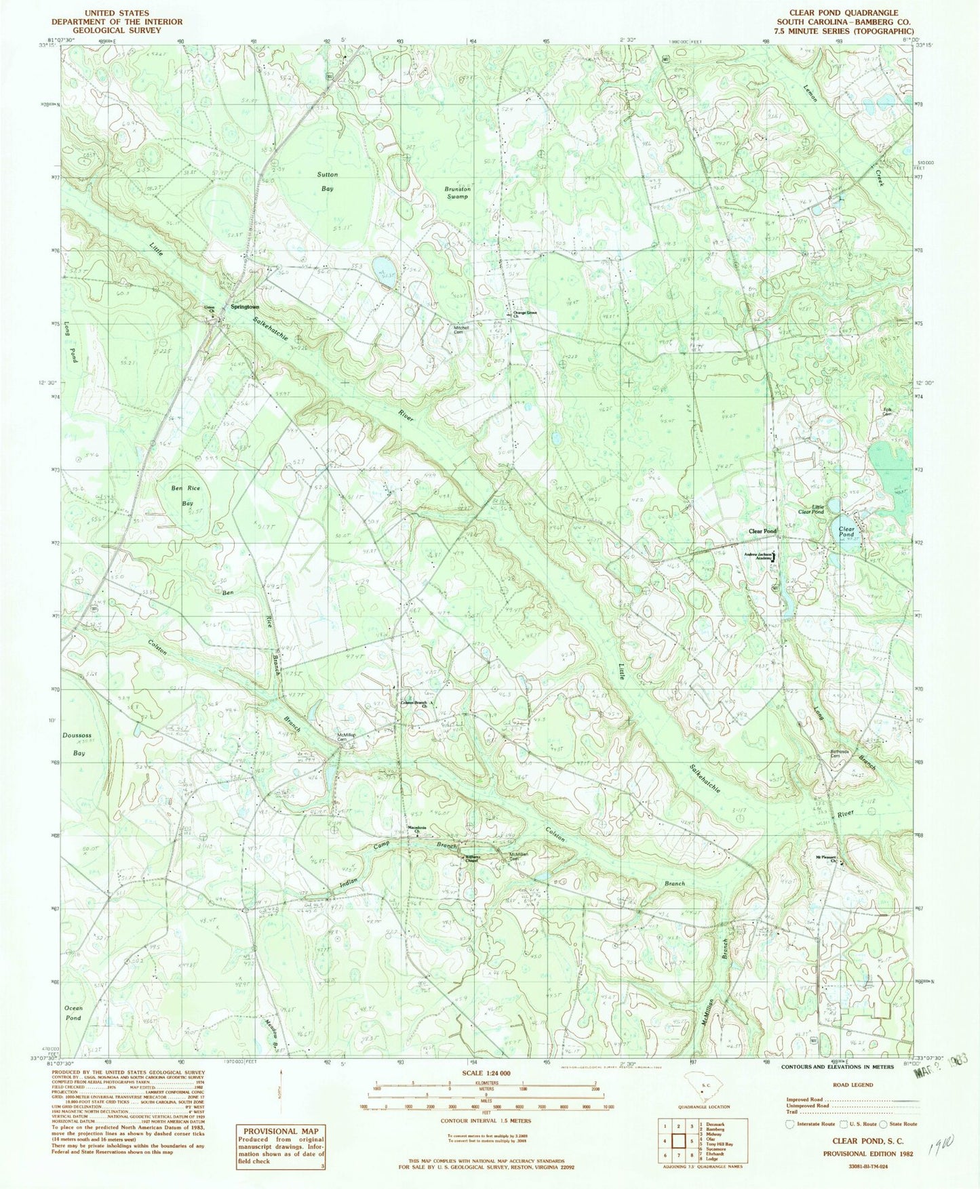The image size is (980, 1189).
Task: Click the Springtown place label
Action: [x=245, y=306]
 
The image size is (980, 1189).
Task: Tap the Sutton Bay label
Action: [x=328, y=182]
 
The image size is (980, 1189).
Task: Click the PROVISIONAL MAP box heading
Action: [x=280, y=1131]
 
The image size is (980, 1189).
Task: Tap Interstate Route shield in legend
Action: [x=789, y=1123]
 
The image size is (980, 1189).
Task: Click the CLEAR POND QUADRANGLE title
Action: [x=843, y=13]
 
